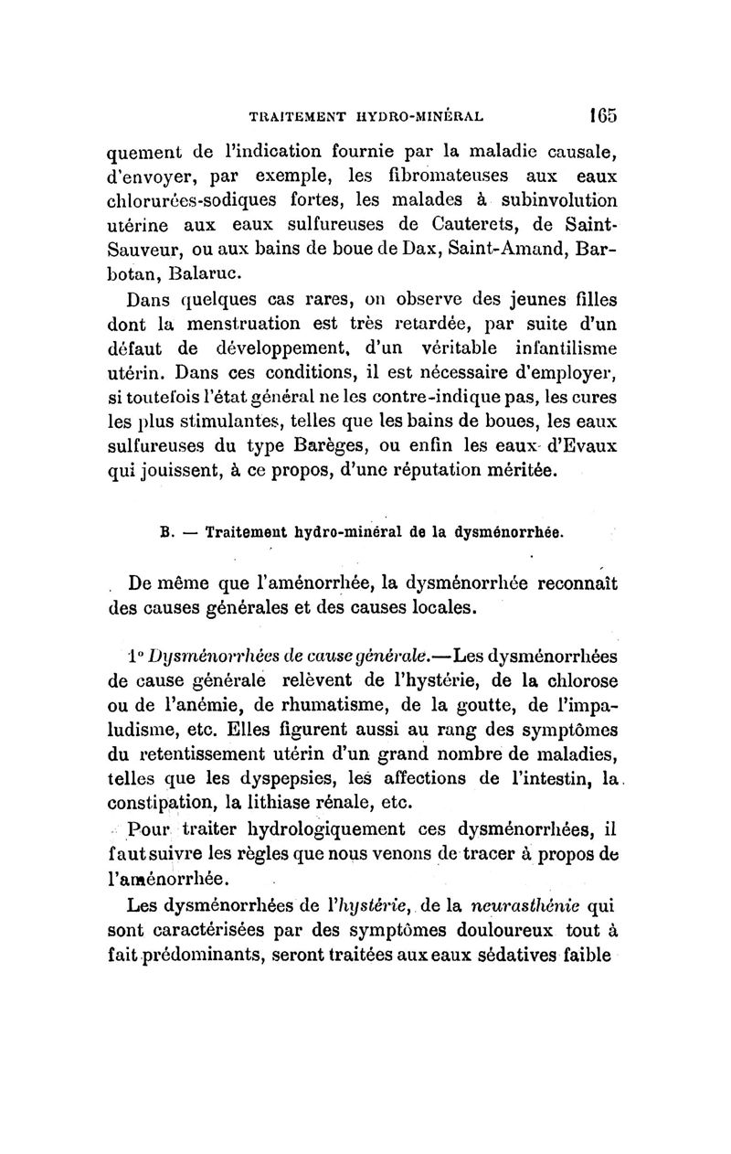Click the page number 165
(x=601, y=117)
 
